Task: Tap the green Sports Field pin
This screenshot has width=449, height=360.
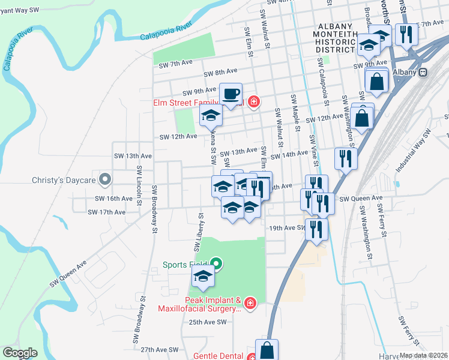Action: coord(217,264)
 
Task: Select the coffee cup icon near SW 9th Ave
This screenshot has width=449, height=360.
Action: coord(231,94)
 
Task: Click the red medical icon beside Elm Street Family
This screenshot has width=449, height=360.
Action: coord(254,101)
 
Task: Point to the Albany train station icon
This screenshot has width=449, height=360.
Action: coord(423,72)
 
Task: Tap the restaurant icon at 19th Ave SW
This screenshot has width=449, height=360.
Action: coord(316,229)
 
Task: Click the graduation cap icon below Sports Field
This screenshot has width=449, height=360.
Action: coord(203,277)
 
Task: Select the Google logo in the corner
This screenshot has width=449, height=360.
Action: coord(20,353)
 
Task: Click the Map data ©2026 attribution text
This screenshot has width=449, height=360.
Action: coord(423,355)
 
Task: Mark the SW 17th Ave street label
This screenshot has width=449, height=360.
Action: coord(106,212)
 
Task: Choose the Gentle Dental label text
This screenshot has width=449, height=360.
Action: coord(218,356)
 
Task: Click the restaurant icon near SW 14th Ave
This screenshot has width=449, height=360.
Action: coord(345,158)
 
